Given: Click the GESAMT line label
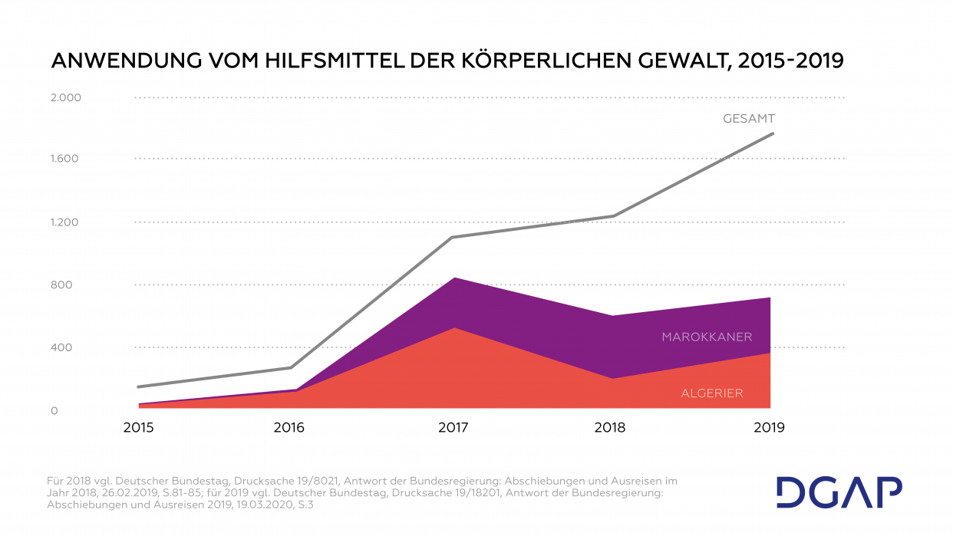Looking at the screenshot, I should click(x=748, y=119).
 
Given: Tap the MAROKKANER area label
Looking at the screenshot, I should click(x=707, y=337).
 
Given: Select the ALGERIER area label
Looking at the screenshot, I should click(x=712, y=393).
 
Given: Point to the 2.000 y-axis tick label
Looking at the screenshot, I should click(x=65, y=98).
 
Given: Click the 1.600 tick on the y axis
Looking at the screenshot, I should click(x=65, y=159).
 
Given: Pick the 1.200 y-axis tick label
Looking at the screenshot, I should click(x=65, y=223).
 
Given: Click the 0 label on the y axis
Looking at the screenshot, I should click(x=54, y=411).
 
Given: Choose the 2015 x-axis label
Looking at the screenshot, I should click(x=138, y=428).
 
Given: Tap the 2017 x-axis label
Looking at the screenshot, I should click(x=453, y=428).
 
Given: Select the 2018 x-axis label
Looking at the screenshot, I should click(x=610, y=428).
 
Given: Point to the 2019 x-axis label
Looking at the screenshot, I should click(x=770, y=428).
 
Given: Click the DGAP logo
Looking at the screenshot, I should click(x=838, y=492).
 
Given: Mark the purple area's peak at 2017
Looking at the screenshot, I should click(x=453, y=278).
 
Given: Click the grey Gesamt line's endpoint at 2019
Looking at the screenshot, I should click(x=773, y=133).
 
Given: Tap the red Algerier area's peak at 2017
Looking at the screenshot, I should click(x=453, y=328).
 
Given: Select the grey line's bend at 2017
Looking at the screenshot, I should click(x=453, y=237).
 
